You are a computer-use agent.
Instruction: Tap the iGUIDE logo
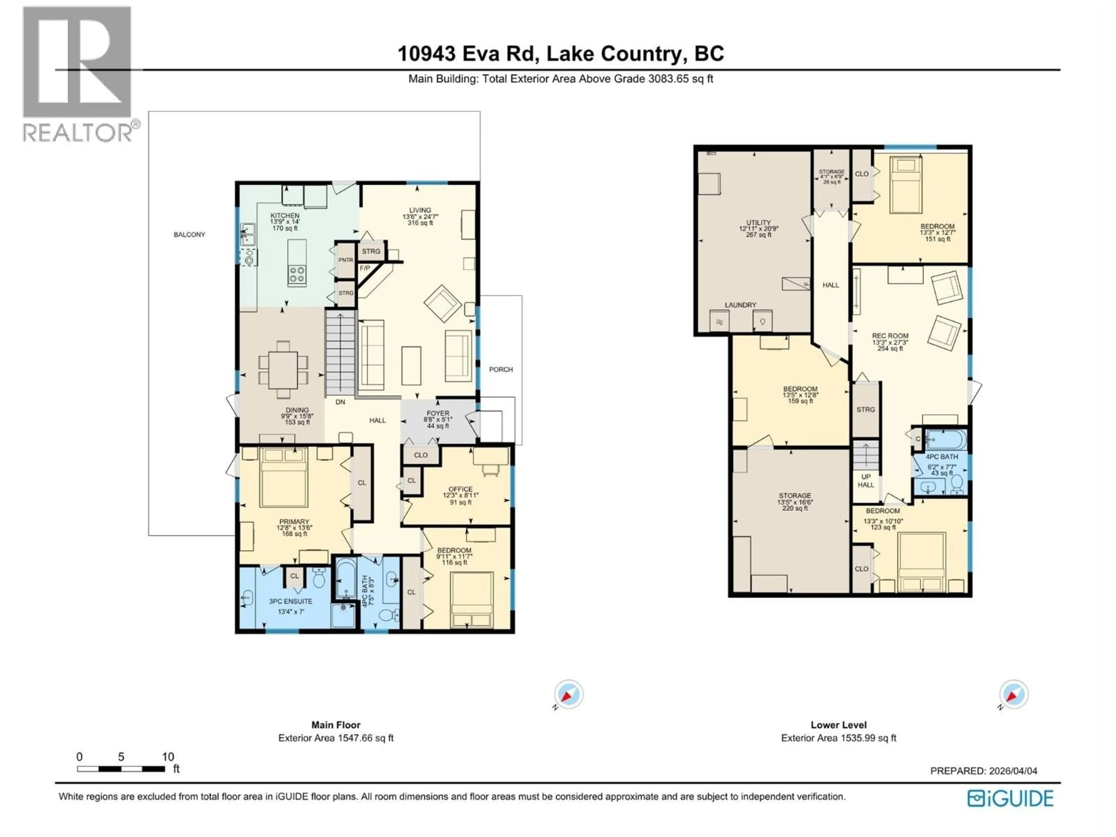1011,798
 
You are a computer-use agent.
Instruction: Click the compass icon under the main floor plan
568,694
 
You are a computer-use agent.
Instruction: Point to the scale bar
121,769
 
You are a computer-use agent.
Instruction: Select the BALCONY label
189,235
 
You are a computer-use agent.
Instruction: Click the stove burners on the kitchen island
297,274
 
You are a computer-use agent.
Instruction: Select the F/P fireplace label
365,268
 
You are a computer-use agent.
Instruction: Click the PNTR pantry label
346,260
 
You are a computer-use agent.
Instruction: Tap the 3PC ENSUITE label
291,601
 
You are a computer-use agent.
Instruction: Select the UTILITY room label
758,223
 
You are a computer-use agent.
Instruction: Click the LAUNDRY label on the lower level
740,305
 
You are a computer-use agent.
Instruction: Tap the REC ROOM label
890,335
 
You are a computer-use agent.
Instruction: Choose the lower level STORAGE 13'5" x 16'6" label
795,496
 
